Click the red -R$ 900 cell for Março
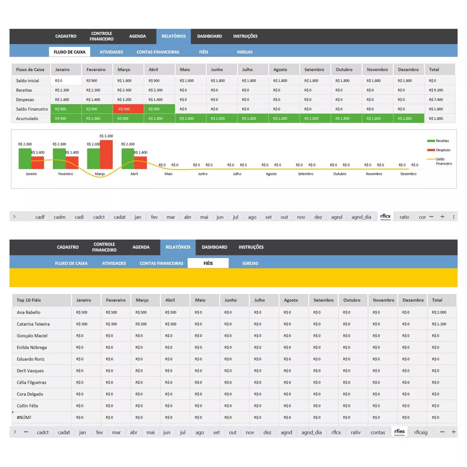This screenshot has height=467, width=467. click(x=128, y=109)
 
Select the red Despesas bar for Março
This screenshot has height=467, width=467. click(x=106, y=154)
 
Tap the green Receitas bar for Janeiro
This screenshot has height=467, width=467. click(x=25, y=158)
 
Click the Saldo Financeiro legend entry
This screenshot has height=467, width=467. click(x=440, y=161)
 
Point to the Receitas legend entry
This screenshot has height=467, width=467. click(x=438, y=140)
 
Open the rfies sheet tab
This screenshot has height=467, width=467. click(x=400, y=431)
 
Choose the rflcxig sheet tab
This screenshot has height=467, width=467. click(x=420, y=432)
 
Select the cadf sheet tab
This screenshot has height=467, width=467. click(x=40, y=217)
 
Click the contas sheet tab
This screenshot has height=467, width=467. click(x=378, y=432)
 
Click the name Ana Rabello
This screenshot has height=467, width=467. click(x=29, y=312)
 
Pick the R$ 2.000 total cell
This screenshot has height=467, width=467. click(x=439, y=312)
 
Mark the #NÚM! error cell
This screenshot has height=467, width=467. click(x=24, y=417)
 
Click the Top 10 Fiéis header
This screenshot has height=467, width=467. click(x=29, y=300)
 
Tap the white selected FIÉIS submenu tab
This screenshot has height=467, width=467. click(x=208, y=263)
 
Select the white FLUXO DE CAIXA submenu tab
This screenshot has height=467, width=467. click(x=69, y=52)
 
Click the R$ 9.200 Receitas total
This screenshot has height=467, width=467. click(x=436, y=90)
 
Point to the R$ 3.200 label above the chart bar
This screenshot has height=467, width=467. click(x=106, y=136)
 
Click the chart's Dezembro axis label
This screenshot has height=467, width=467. click(x=408, y=174)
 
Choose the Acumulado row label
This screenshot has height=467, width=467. click(x=27, y=118)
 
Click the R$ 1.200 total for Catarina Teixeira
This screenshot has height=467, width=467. click(x=439, y=324)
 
